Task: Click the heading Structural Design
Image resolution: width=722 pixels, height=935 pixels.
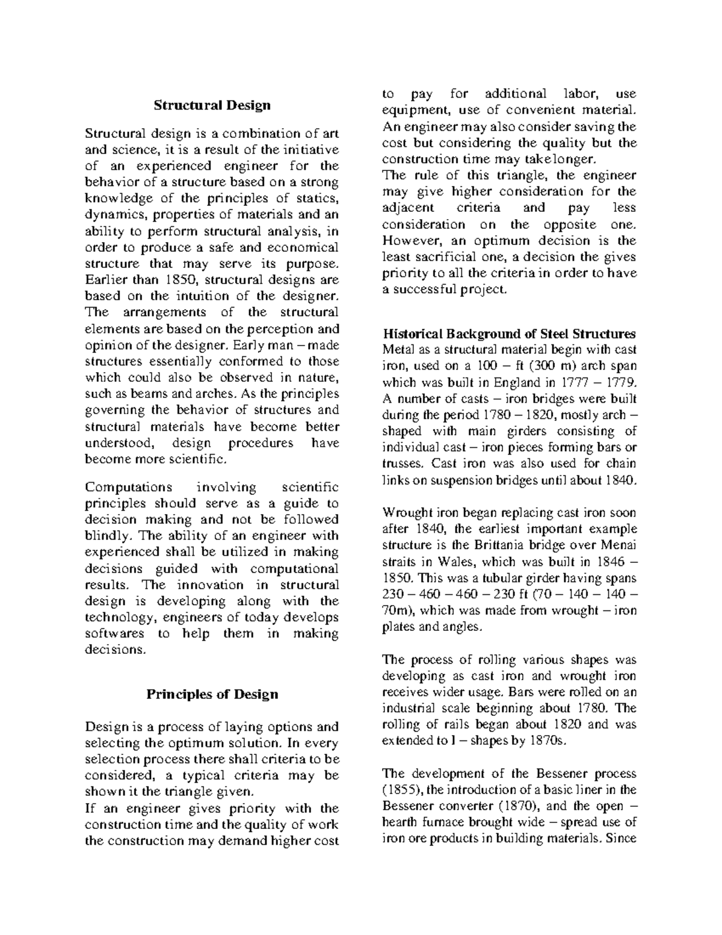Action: click(212, 105)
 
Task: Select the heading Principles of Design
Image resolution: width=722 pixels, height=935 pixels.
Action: click(212, 694)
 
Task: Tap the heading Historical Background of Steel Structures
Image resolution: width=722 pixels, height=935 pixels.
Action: click(509, 334)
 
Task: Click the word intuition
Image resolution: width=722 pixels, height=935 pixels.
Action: click(205, 296)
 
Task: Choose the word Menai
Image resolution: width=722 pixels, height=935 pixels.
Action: click(619, 545)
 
